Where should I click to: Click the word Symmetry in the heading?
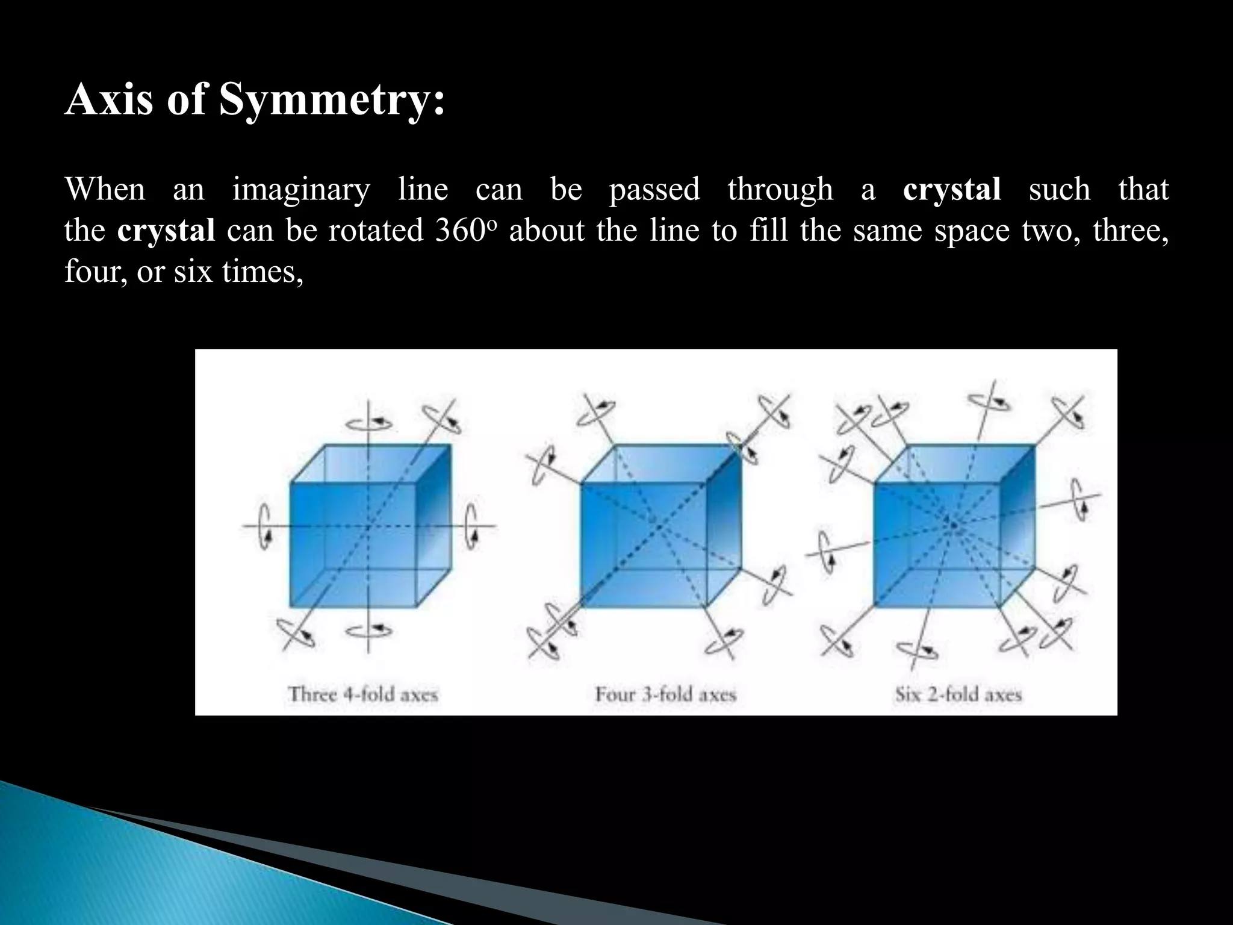pyautogui.click(x=331, y=101)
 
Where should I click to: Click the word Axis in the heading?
pyautogui.click(x=109, y=99)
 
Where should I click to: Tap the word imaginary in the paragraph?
pyautogui.click(x=301, y=190)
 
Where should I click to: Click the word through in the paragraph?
pyautogui.click(x=780, y=190)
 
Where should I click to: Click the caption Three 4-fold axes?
pyautogui.click(x=363, y=694)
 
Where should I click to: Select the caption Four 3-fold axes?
pyautogui.click(x=665, y=694)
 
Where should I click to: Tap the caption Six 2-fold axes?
pyautogui.click(x=958, y=694)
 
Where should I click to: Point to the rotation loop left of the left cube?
pyautogui.click(x=264, y=527)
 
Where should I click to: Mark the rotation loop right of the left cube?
pyautogui.click(x=473, y=527)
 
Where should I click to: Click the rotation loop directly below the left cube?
pyautogui.click(x=368, y=631)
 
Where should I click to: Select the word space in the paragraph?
pyautogui.click(x=971, y=231)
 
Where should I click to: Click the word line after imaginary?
pyautogui.click(x=423, y=190)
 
